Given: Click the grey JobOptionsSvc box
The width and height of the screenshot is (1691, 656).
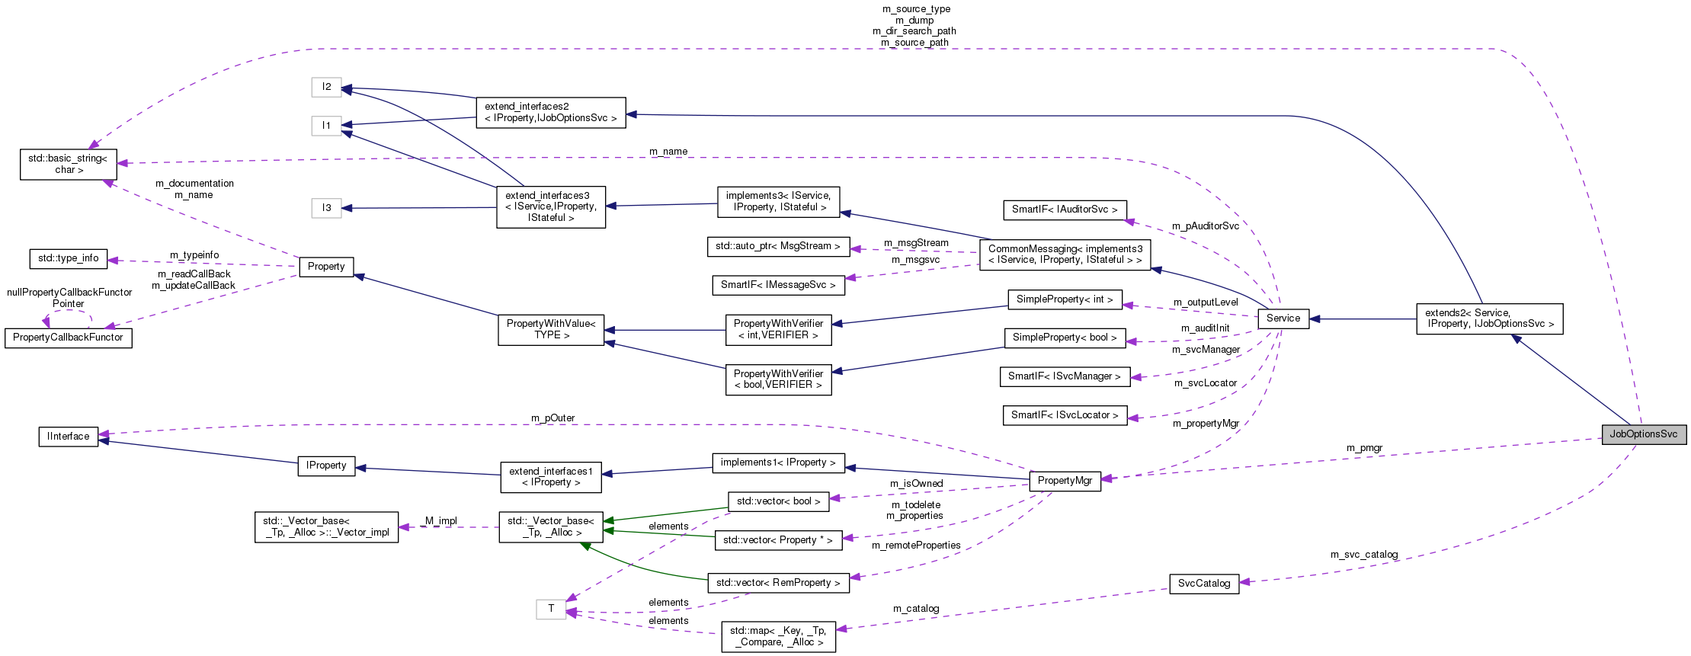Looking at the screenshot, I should click(1643, 434).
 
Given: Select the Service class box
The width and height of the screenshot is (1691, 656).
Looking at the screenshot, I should click(1283, 318).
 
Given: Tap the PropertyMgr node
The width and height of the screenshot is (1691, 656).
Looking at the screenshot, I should click(1064, 481).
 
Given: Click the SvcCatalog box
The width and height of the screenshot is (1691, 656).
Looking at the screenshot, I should click(1203, 584).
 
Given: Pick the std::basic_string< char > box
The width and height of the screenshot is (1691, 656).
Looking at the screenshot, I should click(68, 165).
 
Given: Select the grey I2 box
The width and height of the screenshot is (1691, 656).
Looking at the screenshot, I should click(326, 87).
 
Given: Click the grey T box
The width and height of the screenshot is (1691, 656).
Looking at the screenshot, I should click(550, 609).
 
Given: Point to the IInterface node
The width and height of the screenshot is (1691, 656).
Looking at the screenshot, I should click(68, 437).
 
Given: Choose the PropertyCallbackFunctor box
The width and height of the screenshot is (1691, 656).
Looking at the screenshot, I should click(68, 338).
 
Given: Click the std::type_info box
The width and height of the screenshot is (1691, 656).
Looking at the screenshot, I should click(68, 258).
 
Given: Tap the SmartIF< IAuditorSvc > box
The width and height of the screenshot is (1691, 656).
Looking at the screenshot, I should click(1064, 210).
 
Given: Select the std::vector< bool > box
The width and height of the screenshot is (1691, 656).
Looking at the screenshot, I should click(778, 501).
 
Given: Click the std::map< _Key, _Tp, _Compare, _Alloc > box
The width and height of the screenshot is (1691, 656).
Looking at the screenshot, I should click(778, 636).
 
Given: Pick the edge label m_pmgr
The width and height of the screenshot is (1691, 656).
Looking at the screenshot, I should click(1364, 448).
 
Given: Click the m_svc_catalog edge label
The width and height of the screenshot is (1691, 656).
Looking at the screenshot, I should click(1363, 555).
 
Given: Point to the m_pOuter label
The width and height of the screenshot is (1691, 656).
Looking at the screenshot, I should click(552, 418).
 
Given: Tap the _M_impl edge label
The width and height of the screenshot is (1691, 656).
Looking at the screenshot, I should click(440, 521).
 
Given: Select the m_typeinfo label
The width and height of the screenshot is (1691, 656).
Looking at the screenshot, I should click(194, 255).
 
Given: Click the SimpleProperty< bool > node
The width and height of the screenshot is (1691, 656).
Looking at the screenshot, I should click(1064, 338).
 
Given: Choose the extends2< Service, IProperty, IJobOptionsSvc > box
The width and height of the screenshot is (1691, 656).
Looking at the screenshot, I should click(1488, 318).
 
